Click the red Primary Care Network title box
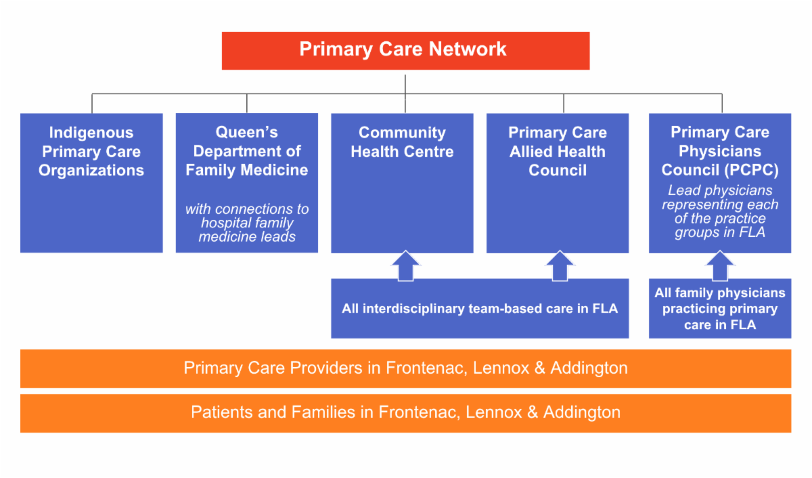point(405,51)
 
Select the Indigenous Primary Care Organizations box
point(91,183)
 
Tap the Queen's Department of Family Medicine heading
point(247,151)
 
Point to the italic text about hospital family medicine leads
point(247,223)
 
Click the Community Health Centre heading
point(402,142)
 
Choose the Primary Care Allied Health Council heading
point(558,151)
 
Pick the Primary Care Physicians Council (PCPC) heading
point(720,151)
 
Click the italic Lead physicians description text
point(720,211)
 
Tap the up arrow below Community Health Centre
point(405,266)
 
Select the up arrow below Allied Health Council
point(560,266)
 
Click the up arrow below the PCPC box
point(720,266)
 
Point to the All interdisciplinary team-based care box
point(480,309)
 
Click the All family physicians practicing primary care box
point(720,309)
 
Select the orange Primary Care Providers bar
point(405,368)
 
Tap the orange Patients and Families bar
point(405,413)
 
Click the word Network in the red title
point(468,49)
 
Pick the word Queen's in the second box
point(247,133)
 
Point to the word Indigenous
point(91,133)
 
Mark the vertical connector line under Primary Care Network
point(405,94)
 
